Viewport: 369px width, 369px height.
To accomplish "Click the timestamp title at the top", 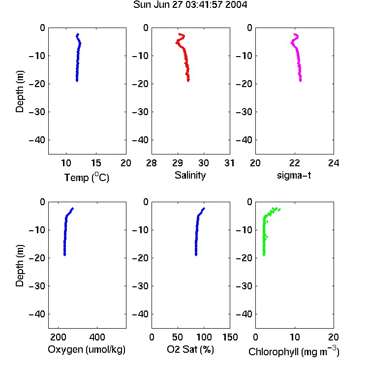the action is point(190,5).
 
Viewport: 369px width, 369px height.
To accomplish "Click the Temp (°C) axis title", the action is point(87,177).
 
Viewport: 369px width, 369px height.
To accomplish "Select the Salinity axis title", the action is point(190,175).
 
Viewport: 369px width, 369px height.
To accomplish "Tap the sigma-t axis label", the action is point(294,175).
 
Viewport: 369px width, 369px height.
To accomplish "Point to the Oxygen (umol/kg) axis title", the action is point(87,349).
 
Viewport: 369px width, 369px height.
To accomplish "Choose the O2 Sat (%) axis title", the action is point(190,349).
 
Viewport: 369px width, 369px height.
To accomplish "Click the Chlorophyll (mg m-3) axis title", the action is point(294,351).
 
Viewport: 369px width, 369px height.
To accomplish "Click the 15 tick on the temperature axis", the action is point(96,163).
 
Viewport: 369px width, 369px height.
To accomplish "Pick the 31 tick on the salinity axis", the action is point(229,163).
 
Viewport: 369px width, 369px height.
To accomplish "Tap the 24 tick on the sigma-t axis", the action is point(334,163).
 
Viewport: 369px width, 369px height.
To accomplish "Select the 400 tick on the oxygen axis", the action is point(97,337).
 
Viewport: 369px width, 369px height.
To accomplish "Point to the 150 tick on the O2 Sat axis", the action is point(230,337).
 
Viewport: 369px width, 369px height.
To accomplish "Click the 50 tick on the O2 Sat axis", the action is point(178,337).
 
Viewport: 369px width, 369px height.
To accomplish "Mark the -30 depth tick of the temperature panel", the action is point(37,112).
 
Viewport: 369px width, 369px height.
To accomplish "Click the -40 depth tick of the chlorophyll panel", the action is point(244,314).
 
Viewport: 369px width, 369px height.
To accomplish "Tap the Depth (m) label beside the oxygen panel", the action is point(20,266).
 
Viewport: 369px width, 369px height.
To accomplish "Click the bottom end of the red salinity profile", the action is point(188,81).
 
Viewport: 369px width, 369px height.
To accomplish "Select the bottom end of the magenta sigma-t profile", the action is point(301,81).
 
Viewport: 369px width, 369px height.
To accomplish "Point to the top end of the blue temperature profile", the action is point(78,34).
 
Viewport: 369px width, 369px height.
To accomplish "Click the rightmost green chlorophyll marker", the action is point(279,210).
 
